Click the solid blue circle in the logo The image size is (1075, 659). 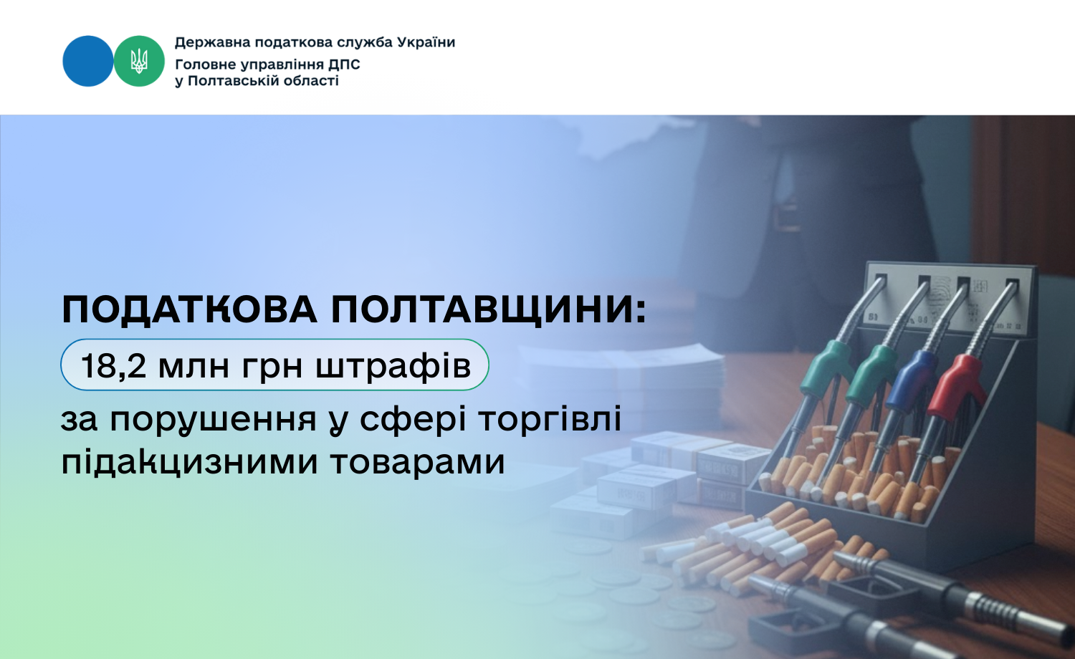[x=88, y=61]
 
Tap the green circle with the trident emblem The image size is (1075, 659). [x=139, y=61]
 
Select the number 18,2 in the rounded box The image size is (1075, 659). [x=113, y=365]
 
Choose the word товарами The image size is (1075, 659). [x=418, y=463]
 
